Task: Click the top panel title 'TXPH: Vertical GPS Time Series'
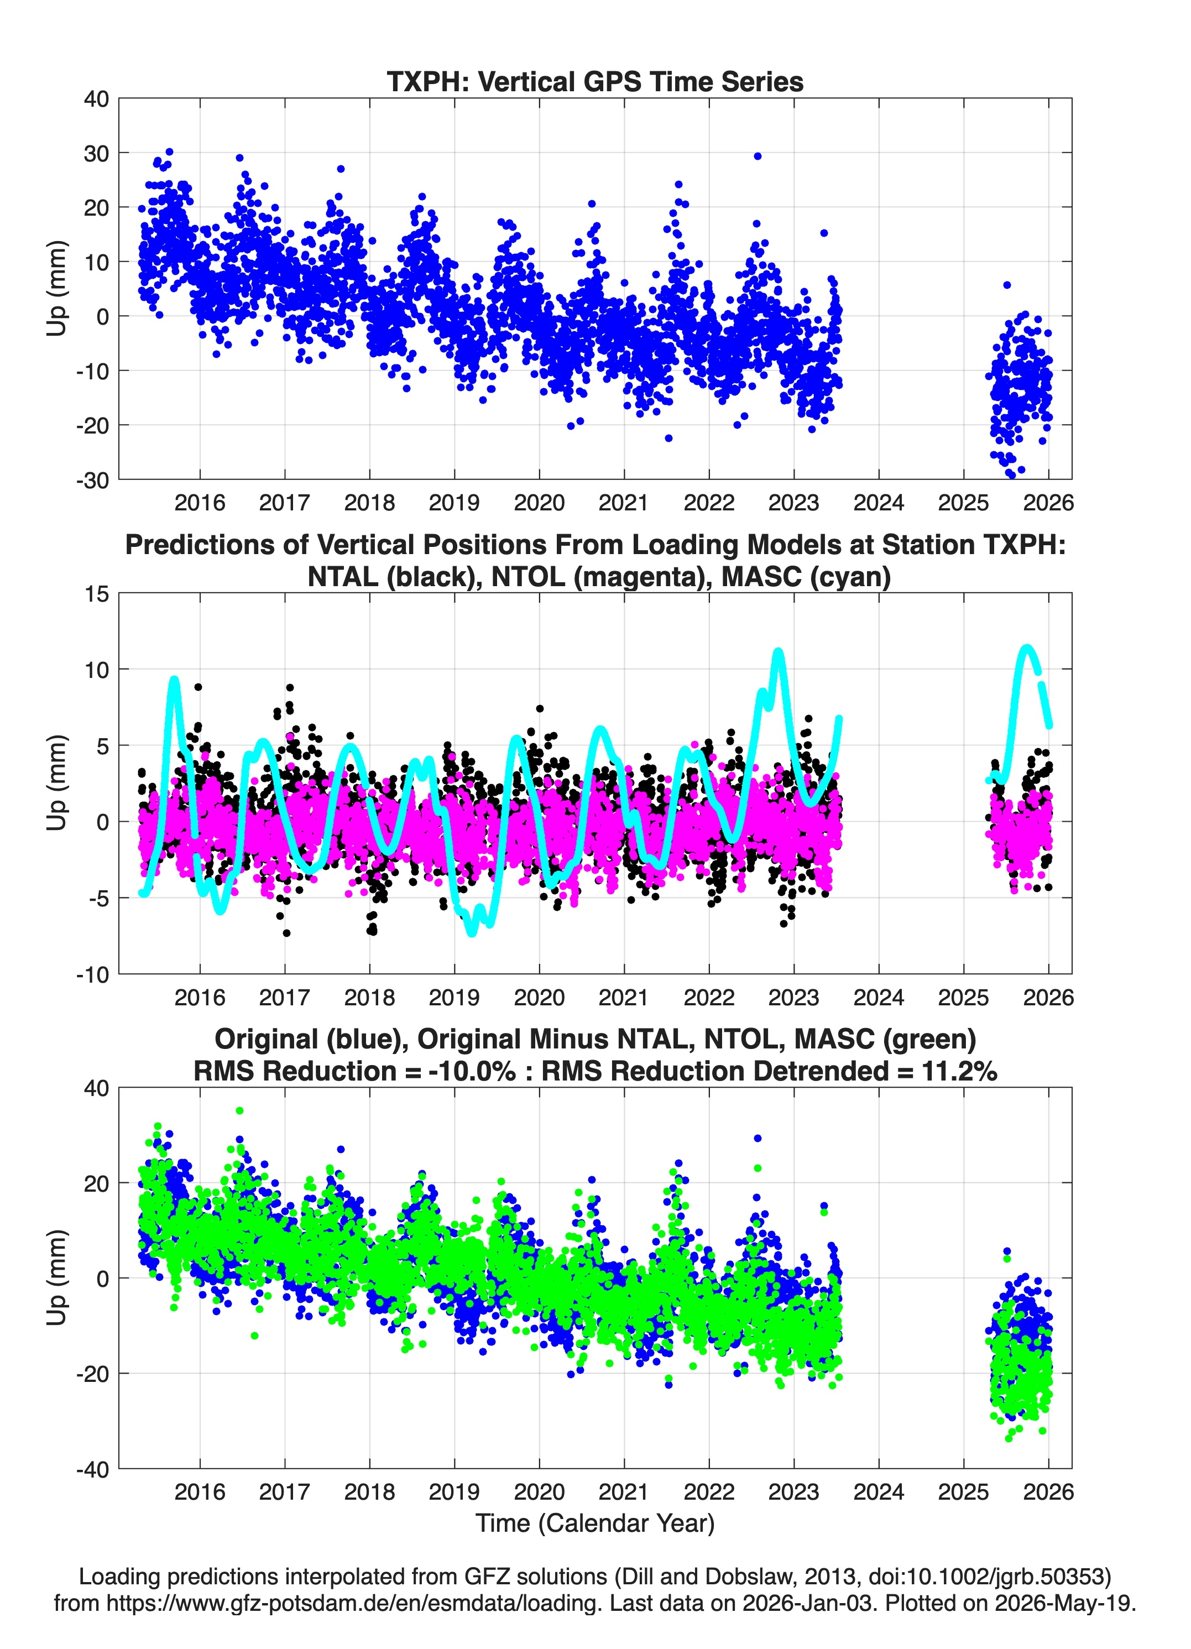point(595,81)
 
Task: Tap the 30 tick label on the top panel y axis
point(96,153)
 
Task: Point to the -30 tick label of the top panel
point(92,481)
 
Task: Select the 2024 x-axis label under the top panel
point(879,503)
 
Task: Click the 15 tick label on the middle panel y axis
point(97,594)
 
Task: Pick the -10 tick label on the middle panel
point(92,975)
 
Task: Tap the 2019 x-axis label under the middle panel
point(455,997)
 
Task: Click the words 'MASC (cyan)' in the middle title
point(806,577)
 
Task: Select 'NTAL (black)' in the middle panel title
point(393,577)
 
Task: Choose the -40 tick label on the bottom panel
point(92,1469)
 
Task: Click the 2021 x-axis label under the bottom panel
point(624,1491)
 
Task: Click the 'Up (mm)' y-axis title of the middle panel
point(57,783)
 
